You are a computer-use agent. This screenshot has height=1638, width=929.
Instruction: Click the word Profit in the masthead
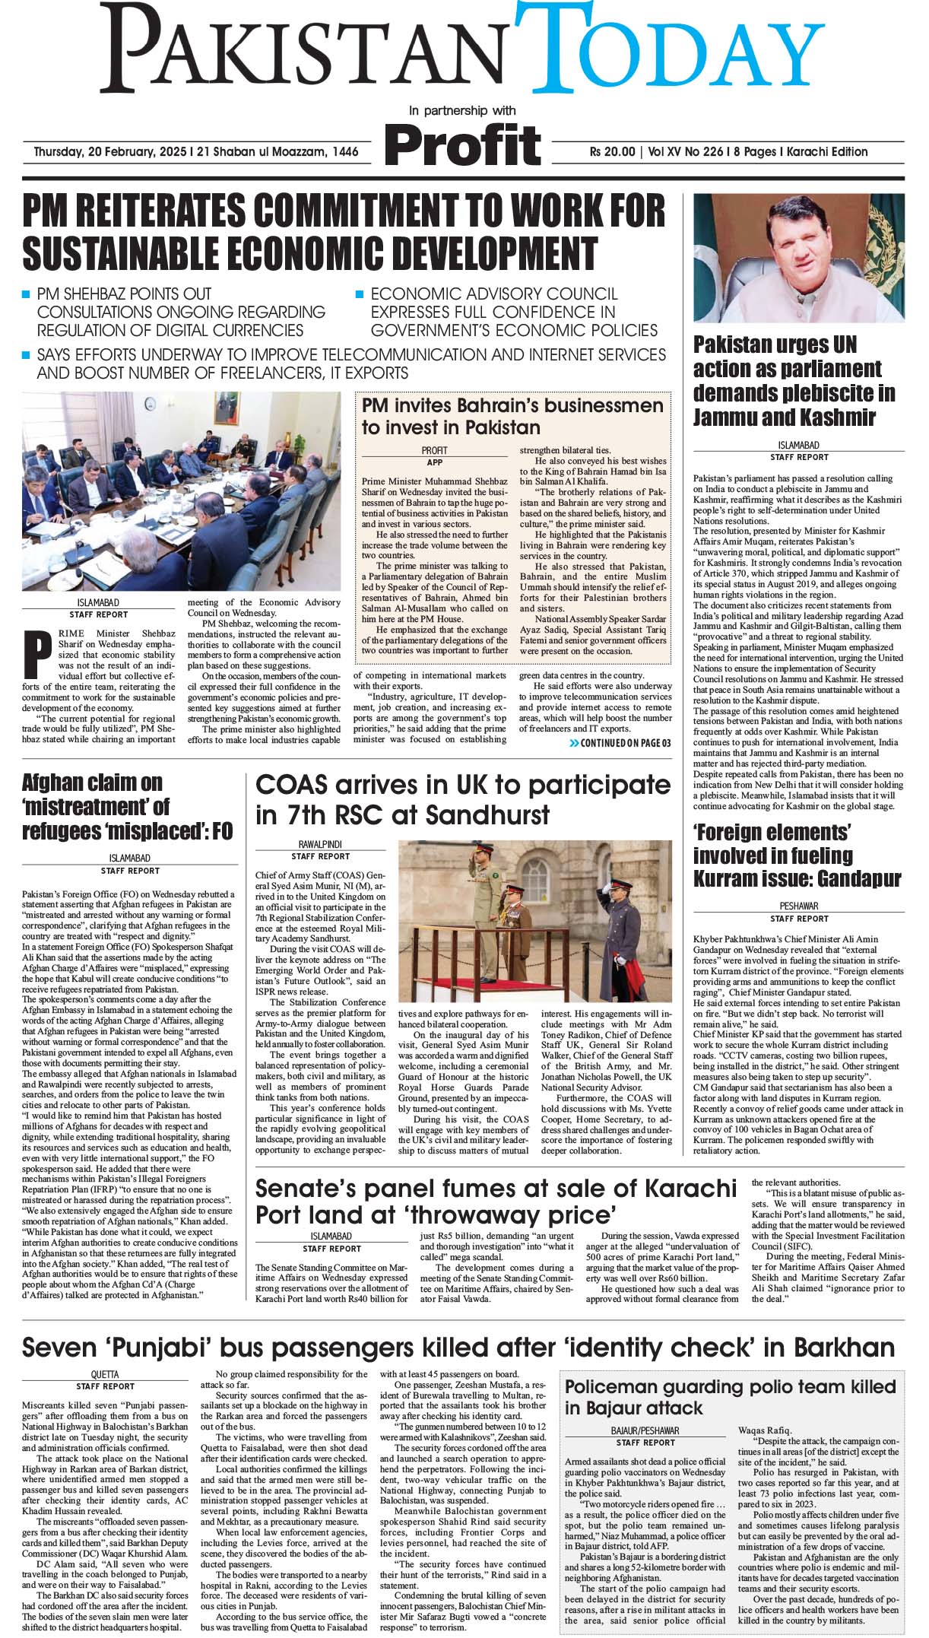coord(463,143)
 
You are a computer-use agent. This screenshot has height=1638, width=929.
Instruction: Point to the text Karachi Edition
coord(824,151)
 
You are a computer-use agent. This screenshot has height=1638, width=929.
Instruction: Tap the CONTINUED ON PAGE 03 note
coord(620,743)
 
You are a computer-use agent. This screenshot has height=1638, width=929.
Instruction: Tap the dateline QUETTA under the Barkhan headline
coord(105,1376)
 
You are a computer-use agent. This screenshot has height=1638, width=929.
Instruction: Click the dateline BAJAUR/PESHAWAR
coord(645,1430)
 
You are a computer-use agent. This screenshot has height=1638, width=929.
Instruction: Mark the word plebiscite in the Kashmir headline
coord(816,393)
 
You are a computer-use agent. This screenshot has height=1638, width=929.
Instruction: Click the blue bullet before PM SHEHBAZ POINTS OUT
coord(27,294)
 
